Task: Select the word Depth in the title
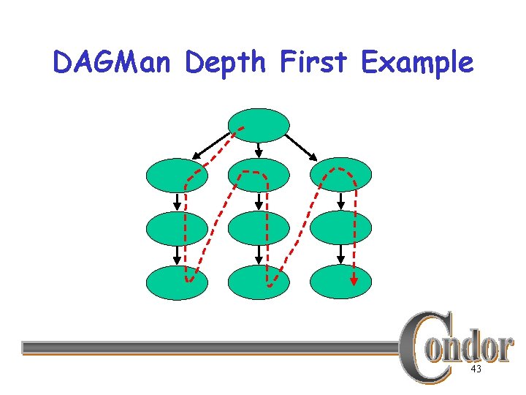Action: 227,63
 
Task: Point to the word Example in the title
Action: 416,63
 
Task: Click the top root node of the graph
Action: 259,124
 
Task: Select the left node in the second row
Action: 177,175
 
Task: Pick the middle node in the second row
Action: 259,175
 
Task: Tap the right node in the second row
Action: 341,175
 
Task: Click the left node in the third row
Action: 177,228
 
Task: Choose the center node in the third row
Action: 259,228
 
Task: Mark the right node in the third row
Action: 341,228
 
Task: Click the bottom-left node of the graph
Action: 177,282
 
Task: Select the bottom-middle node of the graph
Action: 259,282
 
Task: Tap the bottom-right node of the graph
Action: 341,282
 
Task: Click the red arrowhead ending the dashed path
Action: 354,279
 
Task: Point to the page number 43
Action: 476,370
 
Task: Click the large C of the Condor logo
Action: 424,347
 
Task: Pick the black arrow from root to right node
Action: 301,146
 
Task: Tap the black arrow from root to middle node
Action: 259,148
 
